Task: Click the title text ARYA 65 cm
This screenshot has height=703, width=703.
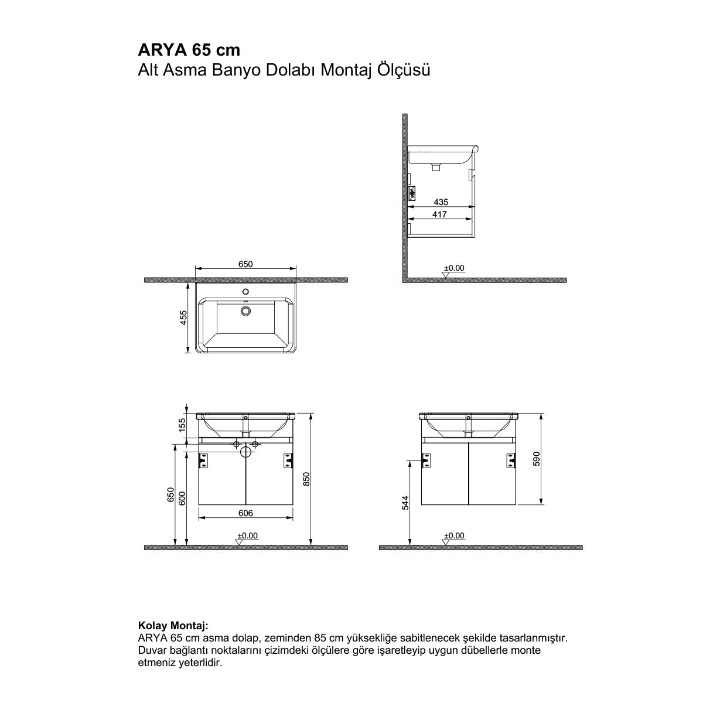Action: coord(189,49)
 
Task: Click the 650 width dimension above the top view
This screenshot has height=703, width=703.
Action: coord(245,264)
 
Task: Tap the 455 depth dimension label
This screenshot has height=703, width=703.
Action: coord(183,318)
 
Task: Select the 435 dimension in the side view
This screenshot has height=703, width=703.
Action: coord(441,202)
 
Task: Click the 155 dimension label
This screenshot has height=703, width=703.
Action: coord(182,424)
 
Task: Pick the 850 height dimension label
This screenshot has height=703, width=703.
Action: coord(306,479)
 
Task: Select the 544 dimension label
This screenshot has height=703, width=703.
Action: coord(405,503)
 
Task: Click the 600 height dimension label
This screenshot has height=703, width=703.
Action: coord(182,498)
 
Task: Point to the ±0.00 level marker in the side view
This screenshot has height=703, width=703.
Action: coord(453,268)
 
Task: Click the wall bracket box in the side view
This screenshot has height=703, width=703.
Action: coord(412,192)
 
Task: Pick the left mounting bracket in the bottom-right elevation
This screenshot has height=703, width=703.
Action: coord(426,461)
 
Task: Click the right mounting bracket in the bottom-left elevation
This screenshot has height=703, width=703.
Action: coord(288,461)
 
